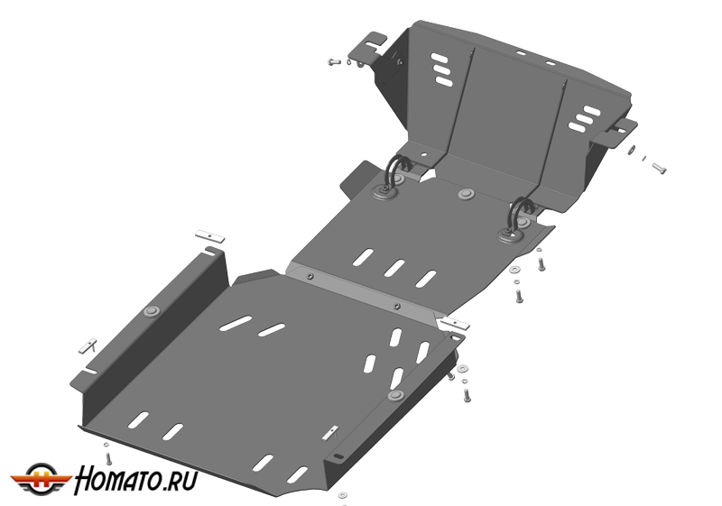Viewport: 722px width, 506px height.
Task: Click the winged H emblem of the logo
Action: click(x=41, y=479)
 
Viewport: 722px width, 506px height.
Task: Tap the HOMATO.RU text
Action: click(x=136, y=480)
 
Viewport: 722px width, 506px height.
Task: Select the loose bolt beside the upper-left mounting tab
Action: click(x=334, y=61)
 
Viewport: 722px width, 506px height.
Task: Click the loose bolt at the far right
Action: click(x=660, y=169)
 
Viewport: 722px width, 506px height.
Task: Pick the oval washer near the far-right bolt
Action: click(x=633, y=150)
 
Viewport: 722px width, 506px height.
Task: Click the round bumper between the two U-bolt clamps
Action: click(x=467, y=193)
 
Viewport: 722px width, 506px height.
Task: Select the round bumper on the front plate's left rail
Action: click(x=151, y=311)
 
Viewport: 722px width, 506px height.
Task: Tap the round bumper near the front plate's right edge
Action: click(x=395, y=396)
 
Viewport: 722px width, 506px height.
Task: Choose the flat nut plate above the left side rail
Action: click(x=210, y=236)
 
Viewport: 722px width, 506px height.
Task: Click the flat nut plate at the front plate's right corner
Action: click(x=455, y=324)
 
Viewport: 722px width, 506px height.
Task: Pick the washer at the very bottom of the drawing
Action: click(x=343, y=495)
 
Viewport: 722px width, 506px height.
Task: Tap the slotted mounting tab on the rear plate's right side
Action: click(x=615, y=133)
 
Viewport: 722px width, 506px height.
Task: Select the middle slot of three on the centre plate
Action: click(x=394, y=268)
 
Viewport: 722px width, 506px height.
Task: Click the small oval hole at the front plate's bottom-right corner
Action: click(x=338, y=455)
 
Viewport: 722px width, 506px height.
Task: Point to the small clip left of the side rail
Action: click(x=88, y=346)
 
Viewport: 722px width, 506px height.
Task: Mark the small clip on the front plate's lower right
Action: click(x=330, y=432)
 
